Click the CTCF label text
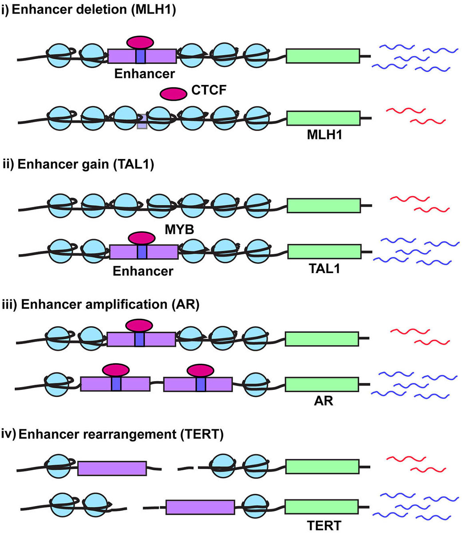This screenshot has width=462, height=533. (x=209, y=90)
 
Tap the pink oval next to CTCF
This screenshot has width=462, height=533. (x=173, y=93)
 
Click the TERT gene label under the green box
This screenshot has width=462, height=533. (x=324, y=525)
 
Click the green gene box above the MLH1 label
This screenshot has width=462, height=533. (x=323, y=118)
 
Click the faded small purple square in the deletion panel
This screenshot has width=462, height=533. (x=142, y=122)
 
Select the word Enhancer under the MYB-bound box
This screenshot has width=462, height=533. (x=143, y=270)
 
